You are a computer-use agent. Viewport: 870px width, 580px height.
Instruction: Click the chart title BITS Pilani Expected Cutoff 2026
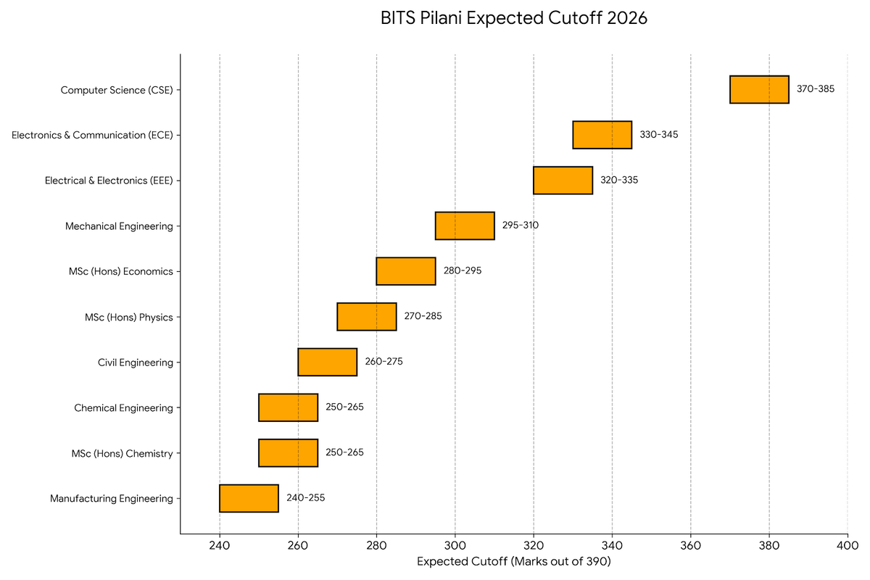pyautogui.click(x=513, y=19)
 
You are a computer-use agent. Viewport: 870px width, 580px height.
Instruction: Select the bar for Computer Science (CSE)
pyautogui.click(x=759, y=89)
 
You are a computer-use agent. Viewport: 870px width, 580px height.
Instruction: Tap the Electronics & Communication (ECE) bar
pyautogui.click(x=602, y=135)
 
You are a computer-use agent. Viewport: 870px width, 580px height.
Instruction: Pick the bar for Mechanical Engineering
pyautogui.click(x=465, y=225)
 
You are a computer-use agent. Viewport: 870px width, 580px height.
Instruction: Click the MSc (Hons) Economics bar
pyautogui.click(x=406, y=271)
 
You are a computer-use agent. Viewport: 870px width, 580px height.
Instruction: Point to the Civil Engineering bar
pyautogui.click(x=328, y=362)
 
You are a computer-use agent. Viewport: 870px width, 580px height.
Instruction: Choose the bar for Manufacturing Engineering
pyautogui.click(x=249, y=498)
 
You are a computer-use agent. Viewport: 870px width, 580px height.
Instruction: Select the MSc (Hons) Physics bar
pyautogui.click(x=367, y=317)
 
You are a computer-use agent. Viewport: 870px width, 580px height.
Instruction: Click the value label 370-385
pyautogui.click(x=816, y=89)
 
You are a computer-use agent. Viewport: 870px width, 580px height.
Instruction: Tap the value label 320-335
pyautogui.click(x=619, y=180)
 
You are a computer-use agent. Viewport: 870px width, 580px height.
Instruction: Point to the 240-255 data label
pyautogui.click(x=305, y=498)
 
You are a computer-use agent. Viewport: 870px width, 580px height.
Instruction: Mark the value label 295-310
pyautogui.click(x=521, y=225)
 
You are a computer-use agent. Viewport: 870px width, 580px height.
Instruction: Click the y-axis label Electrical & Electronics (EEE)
pyautogui.click(x=109, y=181)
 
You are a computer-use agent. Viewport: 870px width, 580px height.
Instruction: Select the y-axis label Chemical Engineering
pyautogui.click(x=123, y=408)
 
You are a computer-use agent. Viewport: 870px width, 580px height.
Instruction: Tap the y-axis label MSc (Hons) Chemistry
pyautogui.click(x=122, y=454)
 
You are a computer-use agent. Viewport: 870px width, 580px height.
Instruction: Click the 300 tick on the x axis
pyautogui.click(x=455, y=546)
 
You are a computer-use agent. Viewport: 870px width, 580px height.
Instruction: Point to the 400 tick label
pyautogui.click(x=848, y=546)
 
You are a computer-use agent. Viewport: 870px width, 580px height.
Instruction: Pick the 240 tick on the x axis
pyautogui.click(x=220, y=546)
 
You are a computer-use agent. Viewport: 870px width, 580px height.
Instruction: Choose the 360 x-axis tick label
pyautogui.click(x=690, y=546)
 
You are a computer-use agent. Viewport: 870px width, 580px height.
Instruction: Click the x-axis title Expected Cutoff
pyautogui.click(x=514, y=561)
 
